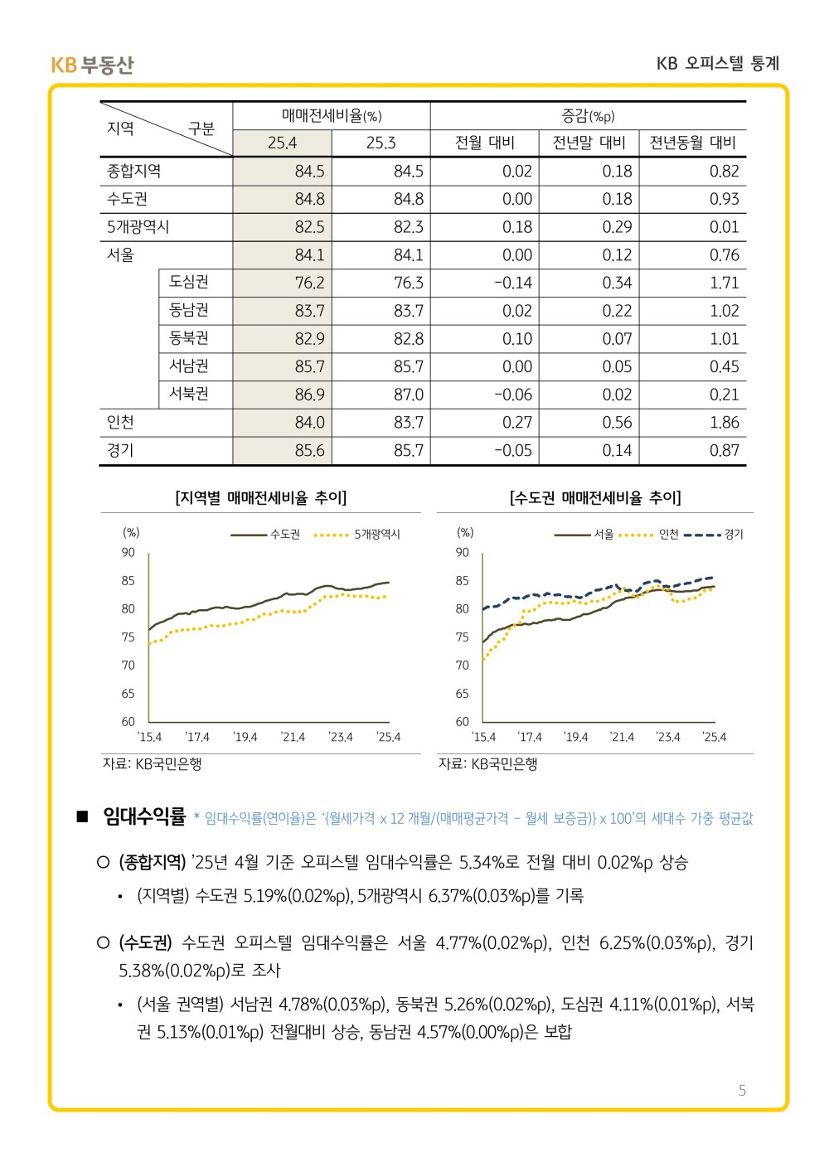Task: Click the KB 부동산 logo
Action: tap(91, 65)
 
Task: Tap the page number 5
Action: tap(742, 1090)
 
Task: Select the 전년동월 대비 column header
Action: tap(692, 143)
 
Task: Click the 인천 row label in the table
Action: tap(121, 423)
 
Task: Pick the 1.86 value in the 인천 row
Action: tap(724, 423)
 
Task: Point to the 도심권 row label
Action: tap(189, 282)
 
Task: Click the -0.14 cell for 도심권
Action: tap(513, 283)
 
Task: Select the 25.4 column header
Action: tap(282, 143)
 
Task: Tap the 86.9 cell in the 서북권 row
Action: tap(309, 395)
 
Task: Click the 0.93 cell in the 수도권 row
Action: tap(724, 199)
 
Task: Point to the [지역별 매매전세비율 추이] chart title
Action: tap(261, 497)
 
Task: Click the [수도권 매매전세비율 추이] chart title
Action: tap(595, 497)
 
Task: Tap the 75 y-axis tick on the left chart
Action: tap(128, 637)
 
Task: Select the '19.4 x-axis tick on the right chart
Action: tap(576, 737)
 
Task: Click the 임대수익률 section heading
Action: tap(144, 817)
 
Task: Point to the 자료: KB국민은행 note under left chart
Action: tap(153, 763)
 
